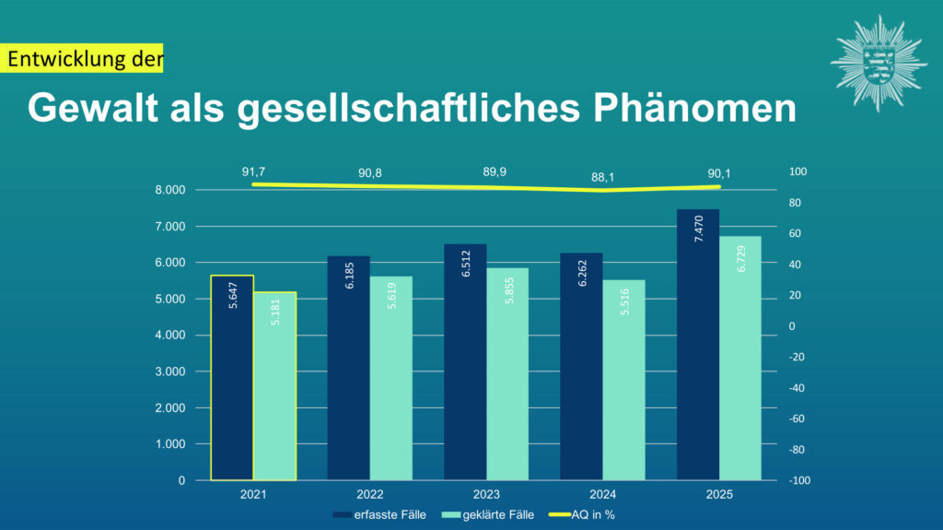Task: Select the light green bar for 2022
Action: point(391,378)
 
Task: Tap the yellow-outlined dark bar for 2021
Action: point(232,378)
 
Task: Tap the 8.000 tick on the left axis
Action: point(169,190)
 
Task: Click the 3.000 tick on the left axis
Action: point(169,371)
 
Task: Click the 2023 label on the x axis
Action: point(486,495)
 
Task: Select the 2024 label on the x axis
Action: point(602,495)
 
